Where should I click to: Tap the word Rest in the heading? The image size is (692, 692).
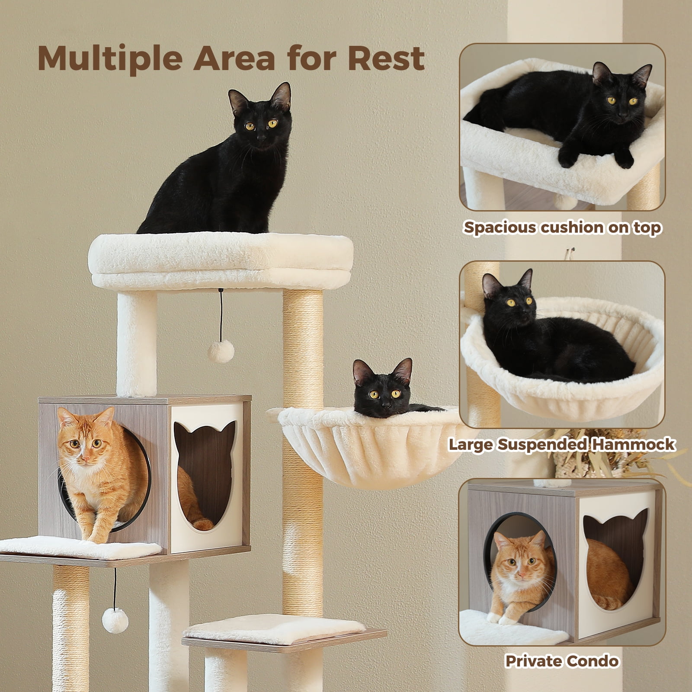click(386, 58)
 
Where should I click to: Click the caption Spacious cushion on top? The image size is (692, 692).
click(562, 227)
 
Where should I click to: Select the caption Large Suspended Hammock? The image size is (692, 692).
click(561, 444)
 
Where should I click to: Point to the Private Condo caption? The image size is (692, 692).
click(562, 661)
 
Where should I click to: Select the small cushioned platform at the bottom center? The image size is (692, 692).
click(277, 627)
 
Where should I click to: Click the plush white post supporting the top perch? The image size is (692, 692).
click(136, 342)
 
